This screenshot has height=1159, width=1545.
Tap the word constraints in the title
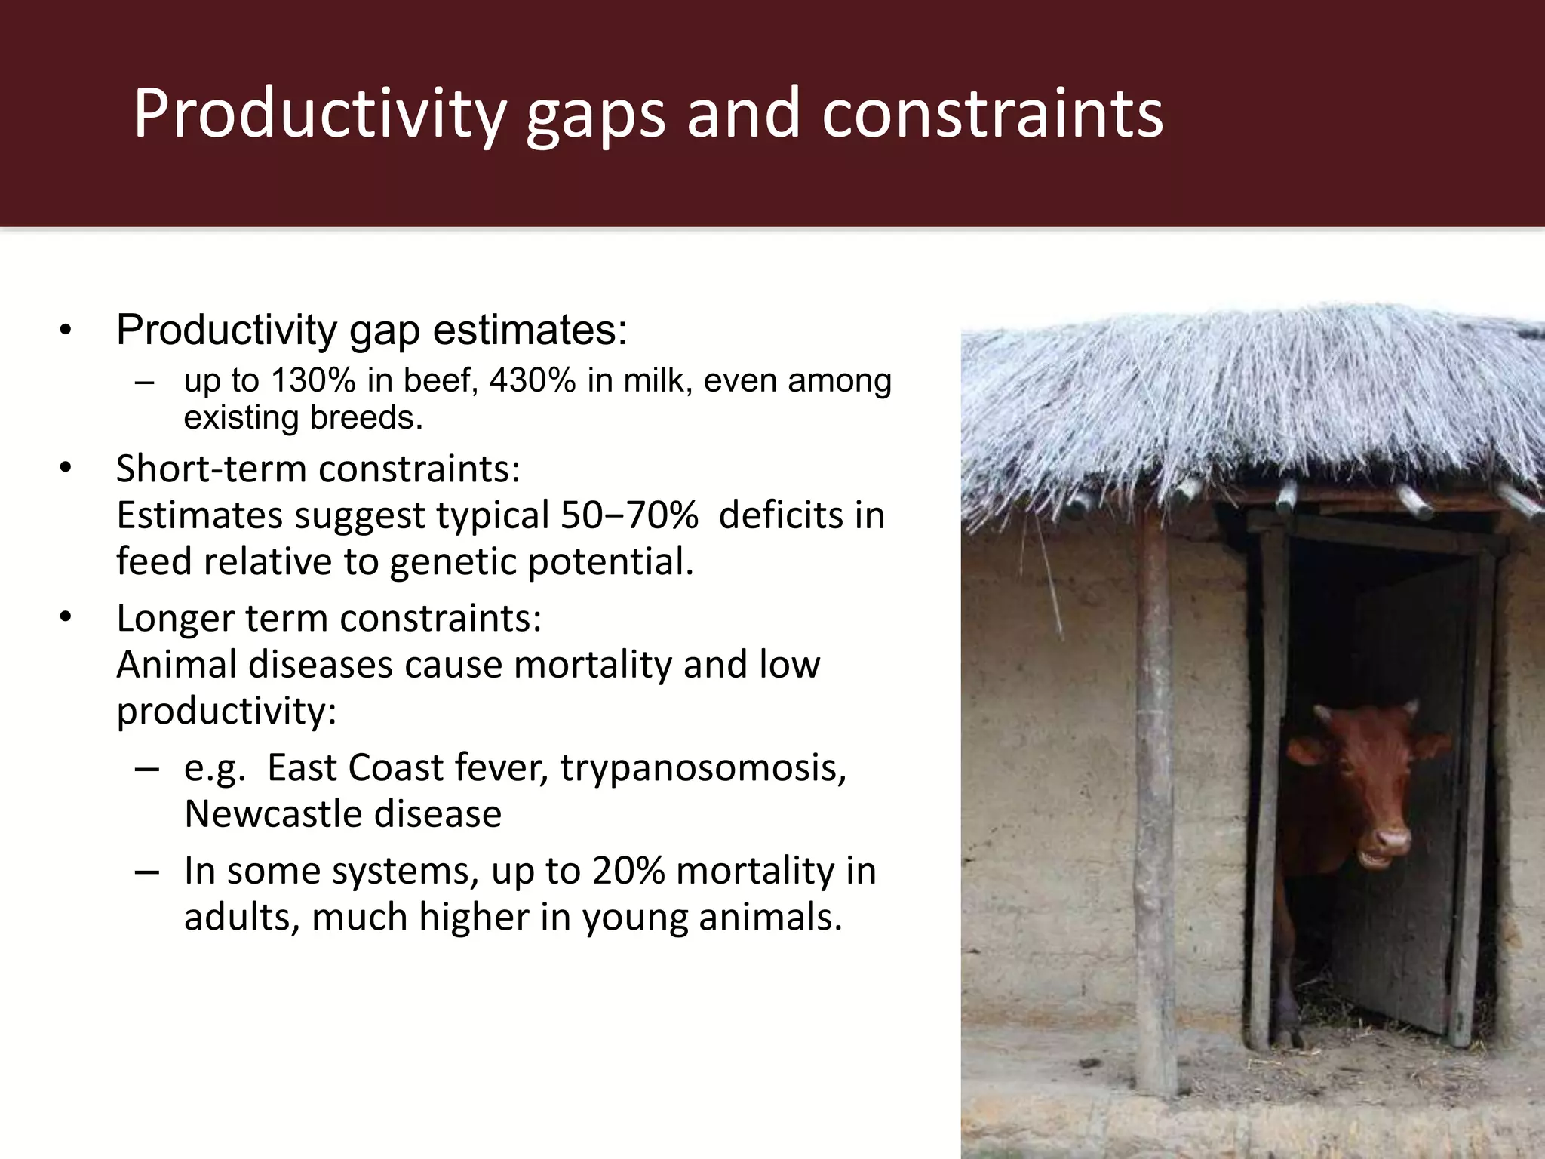click(x=992, y=113)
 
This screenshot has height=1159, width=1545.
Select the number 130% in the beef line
click(x=312, y=380)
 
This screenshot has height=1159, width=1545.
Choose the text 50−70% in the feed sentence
click(x=628, y=515)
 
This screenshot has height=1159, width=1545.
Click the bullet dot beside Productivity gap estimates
click(x=66, y=330)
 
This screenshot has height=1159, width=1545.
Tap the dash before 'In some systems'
click(x=146, y=872)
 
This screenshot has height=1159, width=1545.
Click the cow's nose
click(x=1392, y=838)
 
